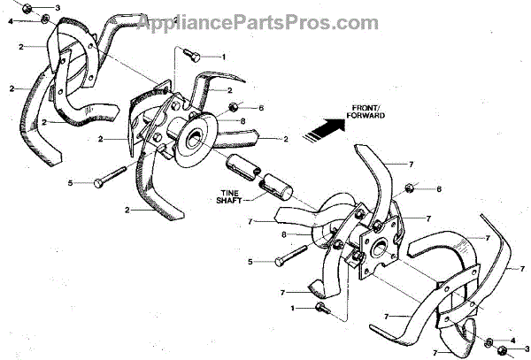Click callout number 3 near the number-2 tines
(58, 8)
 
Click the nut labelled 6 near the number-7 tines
(410, 188)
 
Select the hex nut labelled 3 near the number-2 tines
(29, 9)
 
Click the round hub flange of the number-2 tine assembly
(193, 137)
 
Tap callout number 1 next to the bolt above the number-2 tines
(223, 57)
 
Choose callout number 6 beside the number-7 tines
(437, 189)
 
